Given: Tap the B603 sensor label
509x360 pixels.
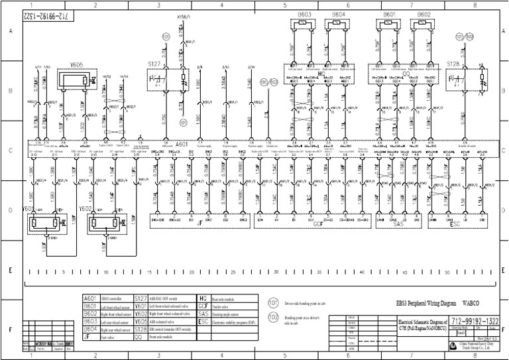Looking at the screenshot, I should pos(306,14).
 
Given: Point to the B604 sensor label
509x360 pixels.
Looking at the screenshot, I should pos(338,14).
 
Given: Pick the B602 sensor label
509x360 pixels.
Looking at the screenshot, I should pos(424,14).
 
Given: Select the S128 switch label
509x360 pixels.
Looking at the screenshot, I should pos(453,64).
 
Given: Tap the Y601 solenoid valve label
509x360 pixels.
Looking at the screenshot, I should pos(29,208).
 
